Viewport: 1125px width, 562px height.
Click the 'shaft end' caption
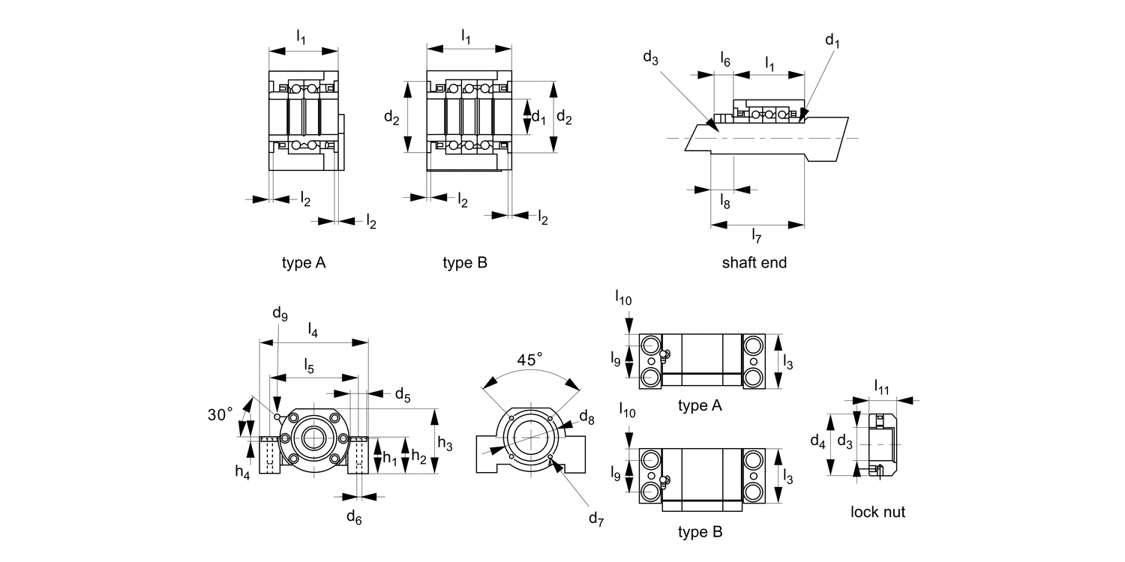pyautogui.click(x=754, y=262)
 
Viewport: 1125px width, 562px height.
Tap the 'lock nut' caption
pyautogui.click(x=877, y=512)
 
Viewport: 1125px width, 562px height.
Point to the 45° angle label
pyautogui.click(x=529, y=359)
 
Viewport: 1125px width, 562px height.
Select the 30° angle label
pyautogui.click(x=220, y=414)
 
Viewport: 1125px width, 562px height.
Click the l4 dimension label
pyautogui.click(x=313, y=330)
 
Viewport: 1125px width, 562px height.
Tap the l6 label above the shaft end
pyautogui.click(x=724, y=59)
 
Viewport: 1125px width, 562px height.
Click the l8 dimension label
pyautogui.click(x=724, y=201)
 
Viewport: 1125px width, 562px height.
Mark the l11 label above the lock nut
pyautogui.click(x=881, y=387)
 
